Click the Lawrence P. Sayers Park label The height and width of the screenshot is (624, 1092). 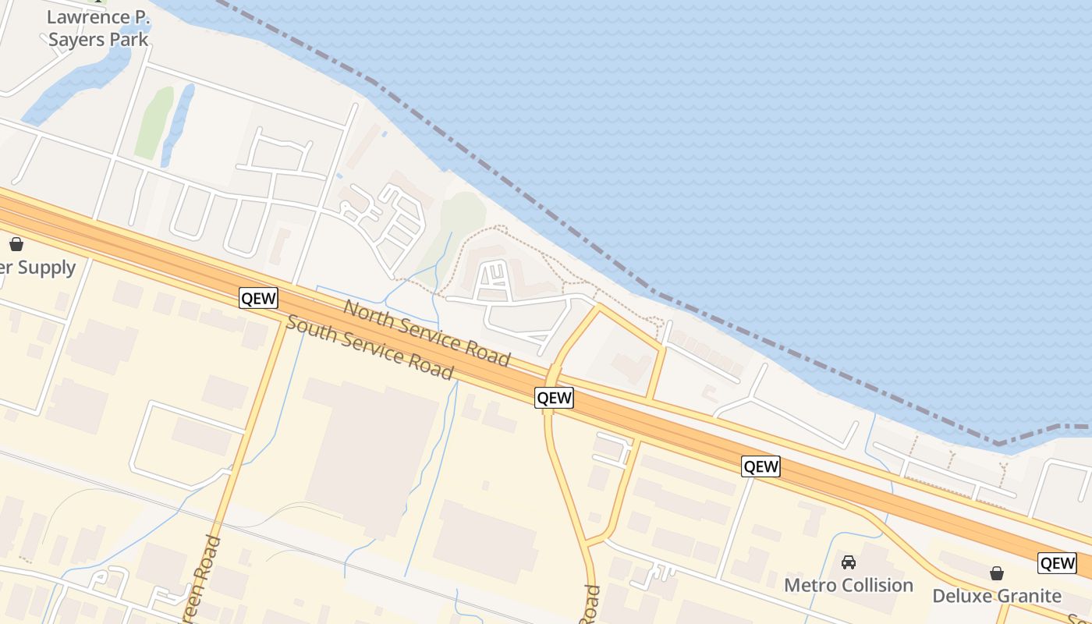click(97, 28)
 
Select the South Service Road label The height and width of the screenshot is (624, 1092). click(369, 347)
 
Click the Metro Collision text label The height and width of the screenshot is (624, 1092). click(849, 585)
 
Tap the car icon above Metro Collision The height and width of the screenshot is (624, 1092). click(849, 562)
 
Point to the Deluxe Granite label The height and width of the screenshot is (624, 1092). click(997, 596)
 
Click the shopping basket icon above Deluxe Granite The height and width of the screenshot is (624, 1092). click(997, 574)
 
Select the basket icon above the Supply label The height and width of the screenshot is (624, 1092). click(16, 244)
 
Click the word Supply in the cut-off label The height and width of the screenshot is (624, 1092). click(47, 268)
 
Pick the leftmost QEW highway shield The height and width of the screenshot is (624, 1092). click(258, 298)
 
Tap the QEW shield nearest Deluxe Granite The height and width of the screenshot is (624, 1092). click(1057, 563)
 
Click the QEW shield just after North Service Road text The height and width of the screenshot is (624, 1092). click(555, 398)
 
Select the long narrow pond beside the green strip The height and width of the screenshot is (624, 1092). click(178, 125)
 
